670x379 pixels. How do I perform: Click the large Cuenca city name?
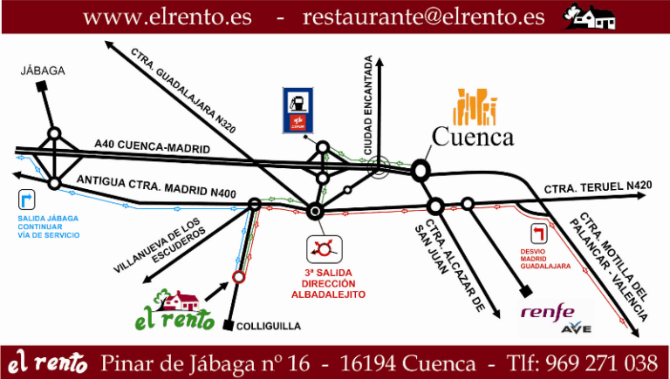tap(473, 137)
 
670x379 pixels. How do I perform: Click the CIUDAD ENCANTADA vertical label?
tap(368, 105)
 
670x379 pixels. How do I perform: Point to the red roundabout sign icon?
tap(325, 248)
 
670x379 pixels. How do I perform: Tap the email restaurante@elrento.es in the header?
tap(423, 17)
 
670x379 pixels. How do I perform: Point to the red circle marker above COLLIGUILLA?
tap(238, 278)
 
